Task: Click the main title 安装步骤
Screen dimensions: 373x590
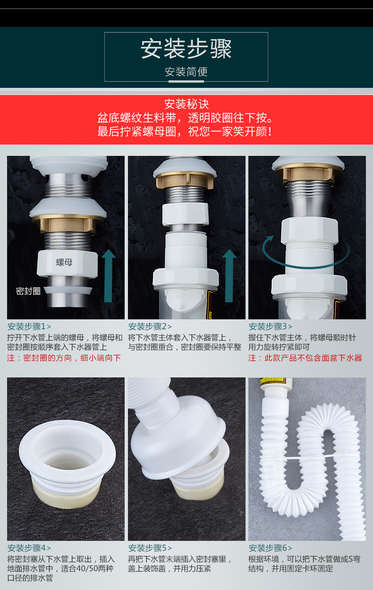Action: coord(186,49)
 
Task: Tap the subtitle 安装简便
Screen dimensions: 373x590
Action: coord(186,72)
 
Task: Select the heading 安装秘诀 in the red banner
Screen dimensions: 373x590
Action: coord(186,104)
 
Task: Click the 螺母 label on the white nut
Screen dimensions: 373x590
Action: coord(64,262)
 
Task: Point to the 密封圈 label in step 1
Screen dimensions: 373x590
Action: coord(28,291)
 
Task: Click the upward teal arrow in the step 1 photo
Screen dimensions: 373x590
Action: coord(108,275)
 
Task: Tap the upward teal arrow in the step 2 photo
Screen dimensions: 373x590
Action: coord(229,275)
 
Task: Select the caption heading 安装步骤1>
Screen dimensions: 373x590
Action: coord(29,326)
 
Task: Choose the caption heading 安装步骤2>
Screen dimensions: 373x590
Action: coord(150,326)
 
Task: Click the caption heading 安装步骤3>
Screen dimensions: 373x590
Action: coord(271,326)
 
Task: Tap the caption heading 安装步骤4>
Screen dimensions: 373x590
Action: coord(29,548)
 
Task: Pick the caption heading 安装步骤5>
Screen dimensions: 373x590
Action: coord(150,548)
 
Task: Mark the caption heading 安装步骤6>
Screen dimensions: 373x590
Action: coord(271,548)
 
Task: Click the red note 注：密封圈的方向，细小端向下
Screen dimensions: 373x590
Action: coord(64,358)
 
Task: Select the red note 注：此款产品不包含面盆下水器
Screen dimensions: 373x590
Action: coord(305,358)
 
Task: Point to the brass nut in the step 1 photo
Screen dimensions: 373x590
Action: coord(68,223)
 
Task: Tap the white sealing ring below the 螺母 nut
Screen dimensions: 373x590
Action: coord(68,291)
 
